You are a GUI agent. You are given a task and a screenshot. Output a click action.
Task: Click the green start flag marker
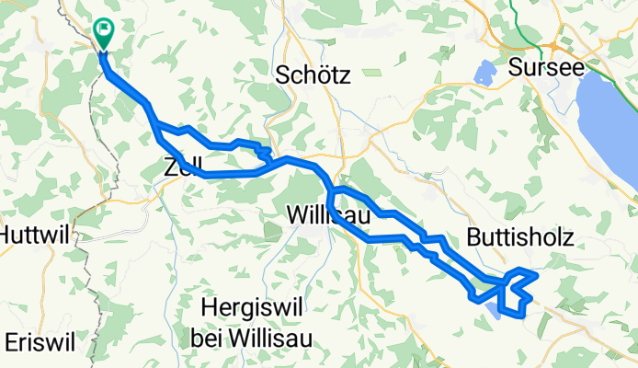[x=104, y=34]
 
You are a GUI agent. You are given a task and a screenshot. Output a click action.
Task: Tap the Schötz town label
[x=313, y=77]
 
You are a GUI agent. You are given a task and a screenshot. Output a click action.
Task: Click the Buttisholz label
[x=519, y=237]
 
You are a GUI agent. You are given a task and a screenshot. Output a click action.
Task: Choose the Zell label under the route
[x=182, y=167]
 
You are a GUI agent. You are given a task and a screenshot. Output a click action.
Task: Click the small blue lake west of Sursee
[x=484, y=71]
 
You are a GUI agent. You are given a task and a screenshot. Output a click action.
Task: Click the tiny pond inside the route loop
[x=497, y=312]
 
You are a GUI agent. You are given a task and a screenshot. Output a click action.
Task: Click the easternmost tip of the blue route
[x=536, y=274]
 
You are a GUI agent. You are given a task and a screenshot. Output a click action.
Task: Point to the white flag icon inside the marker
[x=104, y=30]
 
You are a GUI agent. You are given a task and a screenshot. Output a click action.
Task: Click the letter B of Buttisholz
[x=473, y=237]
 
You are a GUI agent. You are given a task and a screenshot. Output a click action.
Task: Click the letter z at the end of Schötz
[x=345, y=77]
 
